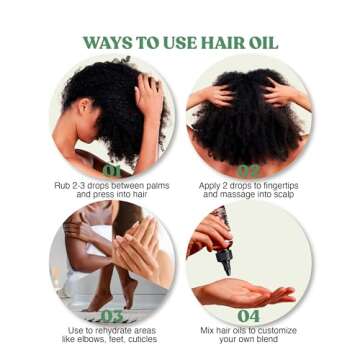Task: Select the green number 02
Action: pyautogui.click(x=249, y=171)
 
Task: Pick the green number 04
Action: pyautogui.click(x=249, y=316)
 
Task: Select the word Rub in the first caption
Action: pyautogui.click(x=60, y=185)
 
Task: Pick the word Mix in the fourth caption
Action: pyautogui.click(x=207, y=329)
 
